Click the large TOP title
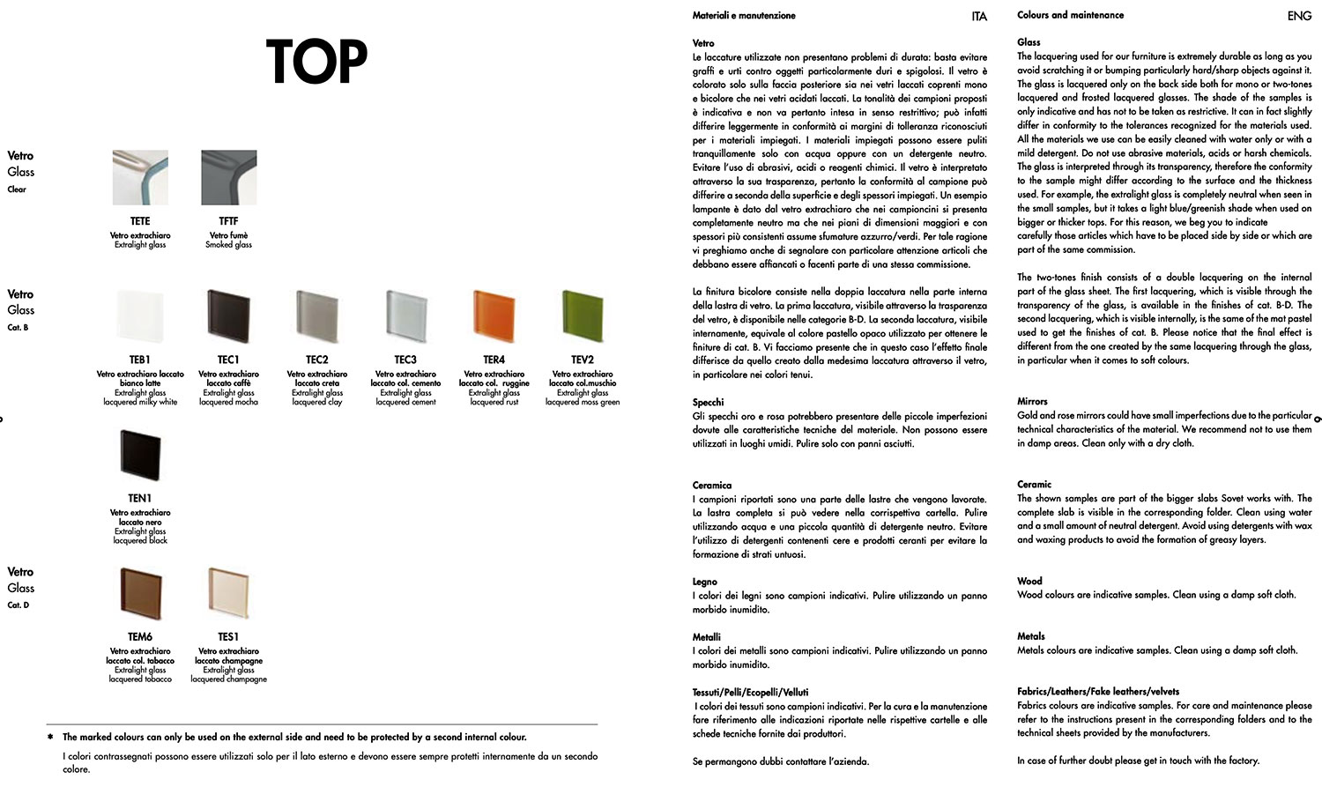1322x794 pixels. (x=316, y=62)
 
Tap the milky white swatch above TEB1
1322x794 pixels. (x=140, y=317)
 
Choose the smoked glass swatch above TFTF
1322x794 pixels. (x=228, y=178)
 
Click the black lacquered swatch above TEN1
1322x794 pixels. (x=140, y=456)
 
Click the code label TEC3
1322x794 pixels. (x=405, y=360)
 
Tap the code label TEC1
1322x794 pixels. (x=228, y=360)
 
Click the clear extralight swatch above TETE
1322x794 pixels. (x=140, y=178)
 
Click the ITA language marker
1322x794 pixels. (x=979, y=17)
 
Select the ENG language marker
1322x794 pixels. (x=1299, y=16)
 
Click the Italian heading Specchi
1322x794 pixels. (x=709, y=402)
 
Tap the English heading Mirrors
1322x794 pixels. (x=1032, y=401)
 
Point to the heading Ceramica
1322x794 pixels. (x=712, y=485)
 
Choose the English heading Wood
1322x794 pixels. (x=1029, y=581)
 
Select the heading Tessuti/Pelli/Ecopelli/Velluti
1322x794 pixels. (x=750, y=692)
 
